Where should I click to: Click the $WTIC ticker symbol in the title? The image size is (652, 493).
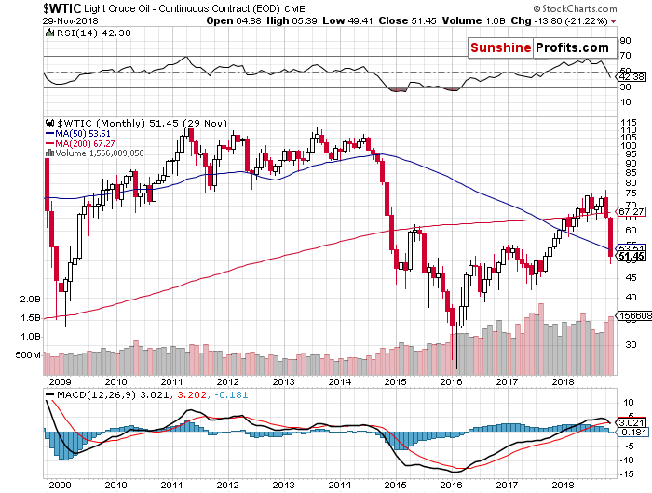pos(26,7)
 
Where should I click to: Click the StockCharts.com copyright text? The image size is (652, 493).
pos(596,7)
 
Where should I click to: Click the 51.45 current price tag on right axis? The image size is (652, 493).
pos(626,256)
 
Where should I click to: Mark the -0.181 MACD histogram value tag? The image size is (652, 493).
pos(627,432)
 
